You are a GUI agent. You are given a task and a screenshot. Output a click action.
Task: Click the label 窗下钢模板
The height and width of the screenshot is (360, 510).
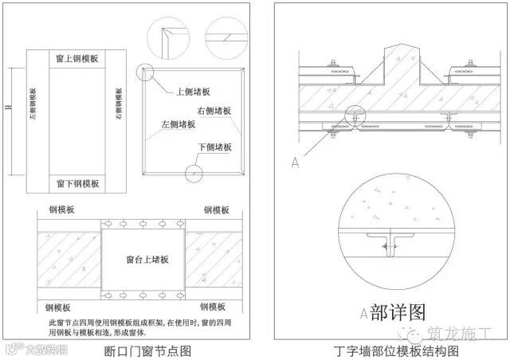click(77, 183)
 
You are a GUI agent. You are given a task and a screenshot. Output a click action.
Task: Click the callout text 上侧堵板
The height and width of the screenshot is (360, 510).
click(193, 92)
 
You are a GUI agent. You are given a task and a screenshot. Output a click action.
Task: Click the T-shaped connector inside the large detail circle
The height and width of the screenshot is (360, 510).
click(390, 243)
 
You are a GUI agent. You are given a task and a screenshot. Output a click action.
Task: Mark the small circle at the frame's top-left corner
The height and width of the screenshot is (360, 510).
click(143, 73)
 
